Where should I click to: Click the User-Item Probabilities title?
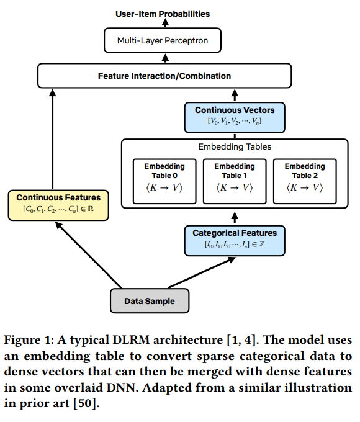(163, 14)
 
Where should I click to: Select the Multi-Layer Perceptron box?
(163, 40)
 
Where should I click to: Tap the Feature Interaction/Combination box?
(164, 76)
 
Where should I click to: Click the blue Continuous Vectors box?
(235, 117)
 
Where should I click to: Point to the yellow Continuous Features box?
(58, 205)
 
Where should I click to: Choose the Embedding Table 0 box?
(164, 181)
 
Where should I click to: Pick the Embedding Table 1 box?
(235, 181)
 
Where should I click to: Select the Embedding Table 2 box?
(305, 181)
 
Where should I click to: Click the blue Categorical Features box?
(235, 241)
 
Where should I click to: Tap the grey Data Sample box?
(150, 300)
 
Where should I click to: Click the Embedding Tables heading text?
(235, 146)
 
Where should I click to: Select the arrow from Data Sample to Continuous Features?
(89, 255)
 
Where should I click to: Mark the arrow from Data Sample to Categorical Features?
(202, 272)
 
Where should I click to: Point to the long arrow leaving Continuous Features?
(53, 140)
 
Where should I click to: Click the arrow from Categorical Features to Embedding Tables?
(235, 217)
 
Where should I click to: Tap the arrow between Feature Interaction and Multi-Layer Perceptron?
(165, 58)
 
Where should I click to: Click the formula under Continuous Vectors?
(235, 121)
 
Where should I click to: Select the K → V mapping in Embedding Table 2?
(305, 187)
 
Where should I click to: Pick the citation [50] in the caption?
(85, 403)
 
